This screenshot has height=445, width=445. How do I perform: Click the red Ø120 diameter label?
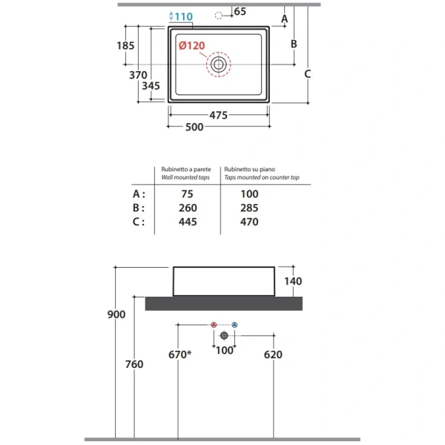tap(192, 45)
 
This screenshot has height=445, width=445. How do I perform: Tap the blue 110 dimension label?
tap(184, 16)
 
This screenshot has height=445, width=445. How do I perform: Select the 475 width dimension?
tap(218, 115)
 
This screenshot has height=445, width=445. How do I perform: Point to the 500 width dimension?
tap(194, 127)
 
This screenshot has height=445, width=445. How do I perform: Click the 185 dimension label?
tap(125, 45)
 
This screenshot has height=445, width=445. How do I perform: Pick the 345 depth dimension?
tap(151, 86)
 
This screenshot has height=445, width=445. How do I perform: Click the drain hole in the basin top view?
tap(219, 65)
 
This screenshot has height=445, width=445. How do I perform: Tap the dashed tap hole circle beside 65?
tap(219, 16)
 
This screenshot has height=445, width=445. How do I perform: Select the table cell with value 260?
tap(188, 208)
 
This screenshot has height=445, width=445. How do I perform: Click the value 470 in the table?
tap(249, 222)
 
